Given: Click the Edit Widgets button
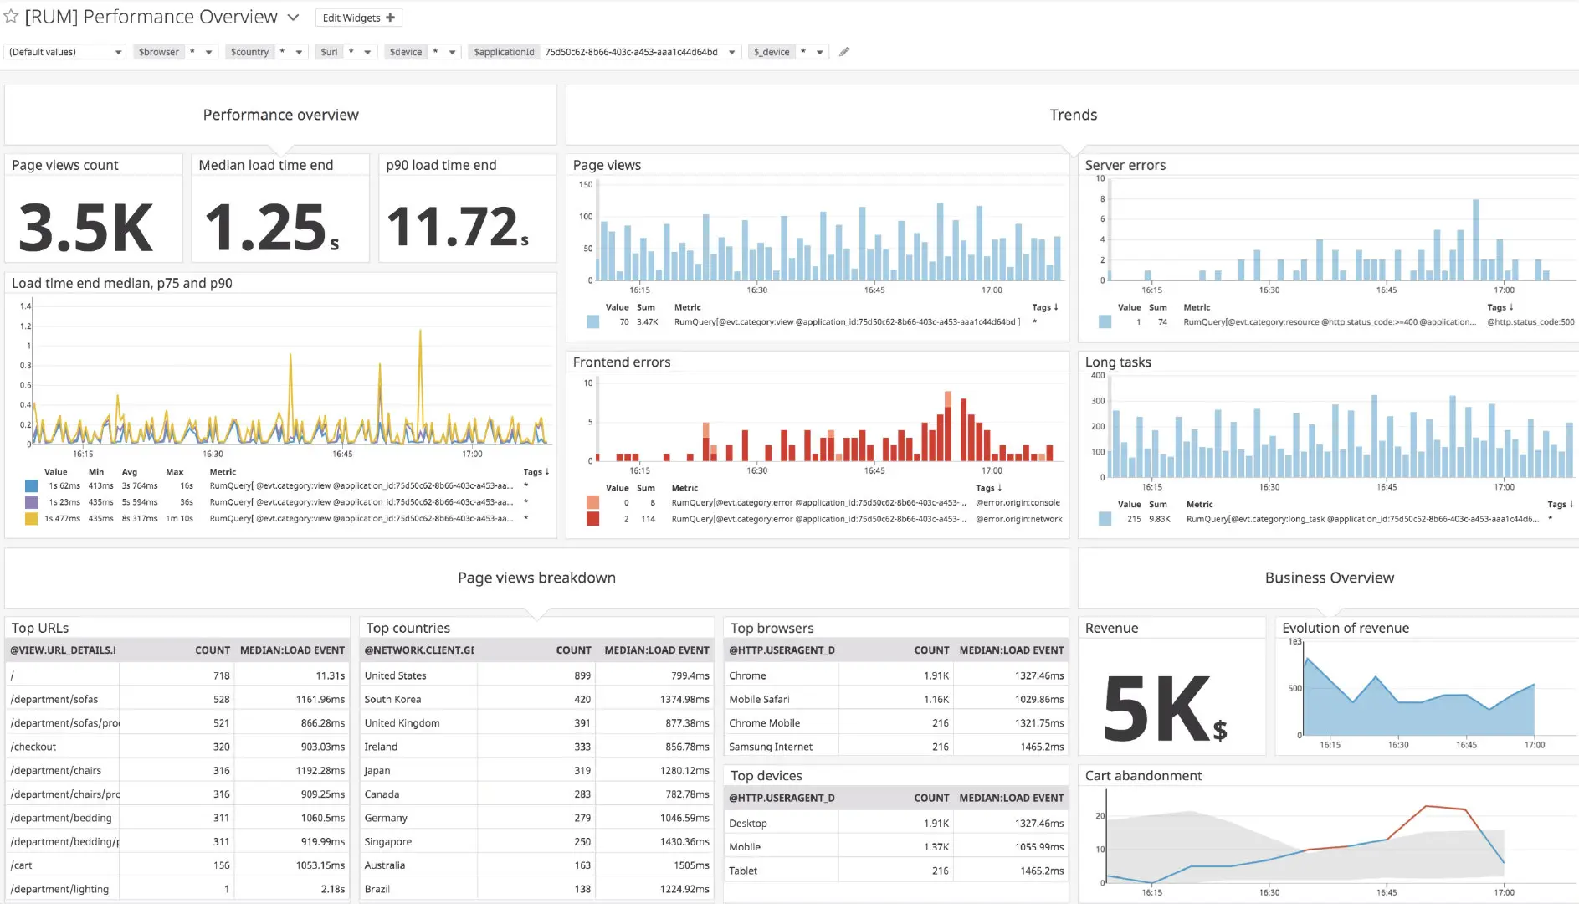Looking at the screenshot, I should point(358,18).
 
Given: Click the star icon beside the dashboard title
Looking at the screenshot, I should point(11,17).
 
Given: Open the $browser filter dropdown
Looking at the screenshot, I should point(208,52).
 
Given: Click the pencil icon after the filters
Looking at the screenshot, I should point(844,52).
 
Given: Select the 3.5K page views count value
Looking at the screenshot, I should point(86,228).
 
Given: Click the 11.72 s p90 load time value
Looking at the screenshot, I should point(457,228).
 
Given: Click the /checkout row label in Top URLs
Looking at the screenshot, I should point(33,747).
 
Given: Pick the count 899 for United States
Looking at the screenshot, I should point(582,675).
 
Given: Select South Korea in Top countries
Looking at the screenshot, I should point(392,699).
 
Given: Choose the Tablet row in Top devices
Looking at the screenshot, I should point(743,871).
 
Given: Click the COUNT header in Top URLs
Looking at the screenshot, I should point(212,650).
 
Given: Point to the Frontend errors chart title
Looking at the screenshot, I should point(622,362).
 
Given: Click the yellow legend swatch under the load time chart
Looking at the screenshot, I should point(31,519).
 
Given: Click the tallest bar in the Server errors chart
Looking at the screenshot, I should point(1476,239).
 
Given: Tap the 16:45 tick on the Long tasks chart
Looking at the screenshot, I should point(1386,487).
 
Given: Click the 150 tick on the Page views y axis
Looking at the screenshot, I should point(586,185).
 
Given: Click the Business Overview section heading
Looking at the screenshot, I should point(1329,578).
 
